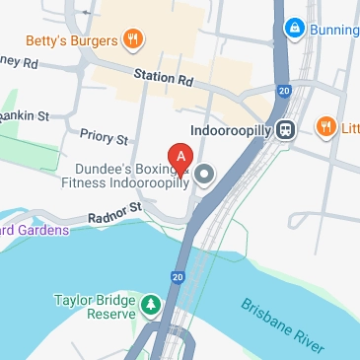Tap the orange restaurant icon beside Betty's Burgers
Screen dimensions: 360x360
(x=133, y=39)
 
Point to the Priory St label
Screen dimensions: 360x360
(x=104, y=139)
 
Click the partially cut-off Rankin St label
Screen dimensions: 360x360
(x=25, y=115)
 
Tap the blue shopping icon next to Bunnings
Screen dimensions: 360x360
(x=293, y=29)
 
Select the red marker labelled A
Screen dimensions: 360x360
(x=180, y=158)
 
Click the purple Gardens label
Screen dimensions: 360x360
(x=34, y=230)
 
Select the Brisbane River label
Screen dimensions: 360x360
(x=282, y=324)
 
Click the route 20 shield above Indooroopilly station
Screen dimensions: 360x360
(x=284, y=92)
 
